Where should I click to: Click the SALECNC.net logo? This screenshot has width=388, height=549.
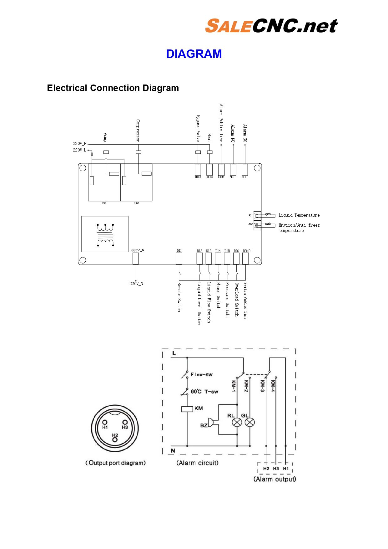271,26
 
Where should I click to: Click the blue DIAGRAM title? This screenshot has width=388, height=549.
194,54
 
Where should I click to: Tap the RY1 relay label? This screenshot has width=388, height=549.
104,203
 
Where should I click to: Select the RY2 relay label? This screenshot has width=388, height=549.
136,203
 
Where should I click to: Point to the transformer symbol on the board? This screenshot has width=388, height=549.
105,235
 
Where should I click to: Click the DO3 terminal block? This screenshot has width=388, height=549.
198,170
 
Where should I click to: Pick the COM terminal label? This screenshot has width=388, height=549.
221,177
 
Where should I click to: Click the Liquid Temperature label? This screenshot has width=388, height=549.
299,215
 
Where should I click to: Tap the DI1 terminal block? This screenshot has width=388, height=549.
179,259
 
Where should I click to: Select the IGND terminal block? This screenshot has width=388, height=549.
246,259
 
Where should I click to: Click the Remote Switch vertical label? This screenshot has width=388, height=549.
179,297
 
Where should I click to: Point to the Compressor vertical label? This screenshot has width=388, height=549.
138,131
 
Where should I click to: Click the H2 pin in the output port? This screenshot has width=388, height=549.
115,439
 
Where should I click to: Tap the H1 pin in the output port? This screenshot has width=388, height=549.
105,423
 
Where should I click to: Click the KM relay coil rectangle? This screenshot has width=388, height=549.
187,409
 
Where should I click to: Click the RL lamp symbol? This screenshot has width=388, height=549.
237,423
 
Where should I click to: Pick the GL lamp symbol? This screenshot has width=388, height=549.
250,423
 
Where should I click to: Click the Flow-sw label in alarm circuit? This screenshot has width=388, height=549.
202,374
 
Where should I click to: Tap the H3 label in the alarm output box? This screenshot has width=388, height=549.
276,469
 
